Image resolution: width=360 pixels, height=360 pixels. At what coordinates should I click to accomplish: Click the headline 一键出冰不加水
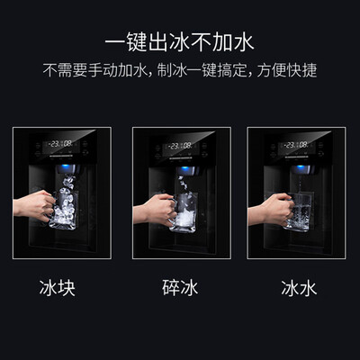tap(180, 41)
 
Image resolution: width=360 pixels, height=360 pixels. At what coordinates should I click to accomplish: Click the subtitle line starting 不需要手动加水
tap(180, 70)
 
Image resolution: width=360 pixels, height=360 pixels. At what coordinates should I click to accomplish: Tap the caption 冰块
tap(58, 288)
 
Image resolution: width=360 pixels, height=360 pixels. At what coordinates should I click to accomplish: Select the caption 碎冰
tap(180, 288)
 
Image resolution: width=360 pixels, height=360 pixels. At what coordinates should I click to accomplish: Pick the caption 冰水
tap(299, 288)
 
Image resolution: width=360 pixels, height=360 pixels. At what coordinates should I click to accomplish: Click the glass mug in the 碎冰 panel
tap(183, 212)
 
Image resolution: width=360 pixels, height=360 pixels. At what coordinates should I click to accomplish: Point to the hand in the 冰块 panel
tap(34, 206)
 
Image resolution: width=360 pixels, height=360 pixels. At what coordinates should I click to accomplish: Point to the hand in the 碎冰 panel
tap(156, 210)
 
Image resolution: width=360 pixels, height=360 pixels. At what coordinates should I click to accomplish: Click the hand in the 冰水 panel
tap(272, 209)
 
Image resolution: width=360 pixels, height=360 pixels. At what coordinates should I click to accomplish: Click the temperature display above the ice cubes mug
tap(60, 144)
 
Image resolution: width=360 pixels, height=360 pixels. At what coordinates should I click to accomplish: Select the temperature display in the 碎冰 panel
tap(180, 147)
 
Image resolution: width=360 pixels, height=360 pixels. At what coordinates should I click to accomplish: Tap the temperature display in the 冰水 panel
tap(296, 145)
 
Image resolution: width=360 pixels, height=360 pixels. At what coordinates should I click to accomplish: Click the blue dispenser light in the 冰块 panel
tap(65, 167)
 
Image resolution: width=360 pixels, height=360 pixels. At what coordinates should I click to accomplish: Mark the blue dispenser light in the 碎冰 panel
tap(184, 170)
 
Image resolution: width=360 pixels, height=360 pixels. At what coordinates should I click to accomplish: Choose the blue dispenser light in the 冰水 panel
tap(299, 168)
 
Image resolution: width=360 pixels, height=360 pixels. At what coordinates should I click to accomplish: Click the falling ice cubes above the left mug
tap(67, 184)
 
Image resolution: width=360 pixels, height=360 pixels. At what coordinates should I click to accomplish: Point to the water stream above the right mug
tap(299, 184)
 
